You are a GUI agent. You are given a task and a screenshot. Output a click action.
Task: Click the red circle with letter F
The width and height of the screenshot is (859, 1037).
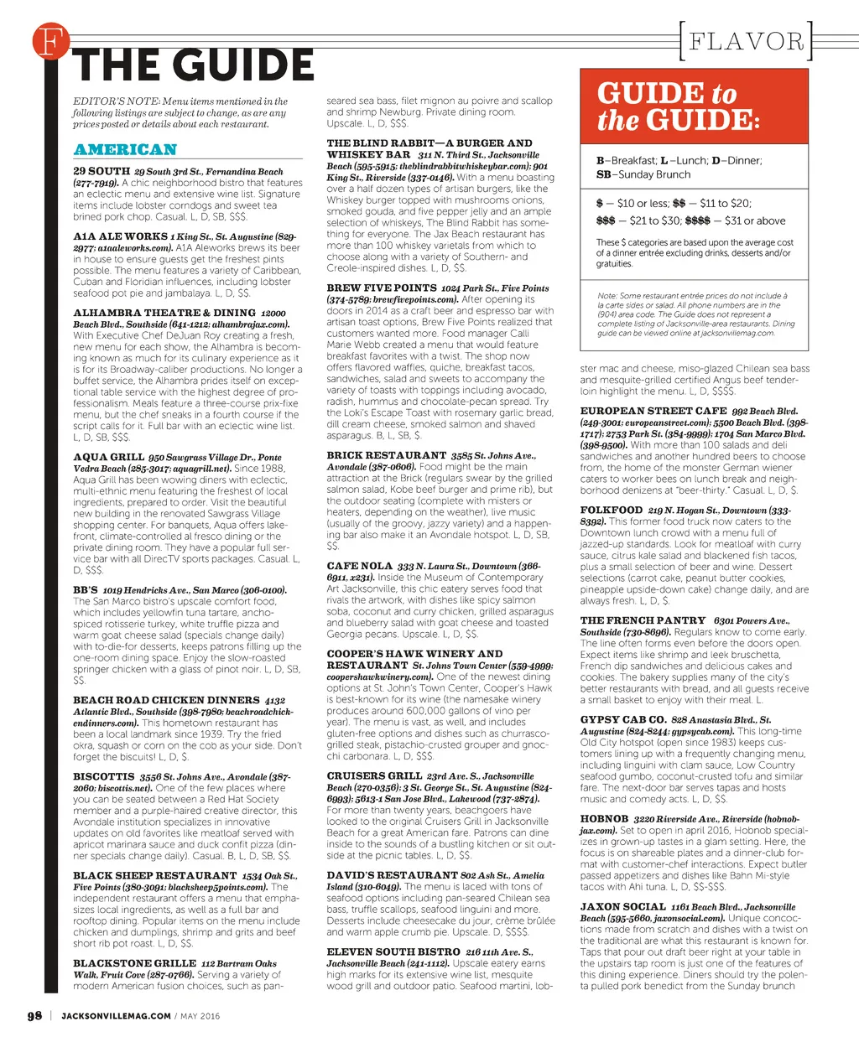[49, 43]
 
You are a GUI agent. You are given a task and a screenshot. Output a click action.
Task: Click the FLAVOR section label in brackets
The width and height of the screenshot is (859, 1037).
[746, 41]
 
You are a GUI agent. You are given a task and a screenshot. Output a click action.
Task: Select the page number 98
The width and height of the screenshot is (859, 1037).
[34, 1016]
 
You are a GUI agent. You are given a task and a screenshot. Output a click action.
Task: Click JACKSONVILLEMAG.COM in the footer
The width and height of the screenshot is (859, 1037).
[116, 1016]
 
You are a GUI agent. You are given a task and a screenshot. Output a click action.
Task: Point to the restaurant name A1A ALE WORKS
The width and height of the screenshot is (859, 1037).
[120, 237]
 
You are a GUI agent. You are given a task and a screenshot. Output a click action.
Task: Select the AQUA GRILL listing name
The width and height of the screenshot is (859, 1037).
[108, 458]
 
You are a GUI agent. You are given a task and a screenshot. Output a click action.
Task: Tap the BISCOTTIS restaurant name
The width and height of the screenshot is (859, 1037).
[103, 777]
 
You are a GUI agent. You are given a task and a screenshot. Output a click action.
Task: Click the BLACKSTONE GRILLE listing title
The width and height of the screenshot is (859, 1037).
[134, 964]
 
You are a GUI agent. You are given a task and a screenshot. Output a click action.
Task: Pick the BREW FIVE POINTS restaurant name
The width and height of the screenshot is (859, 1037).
[381, 288]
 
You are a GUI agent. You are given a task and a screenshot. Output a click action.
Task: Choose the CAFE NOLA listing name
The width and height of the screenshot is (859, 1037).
[359, 566]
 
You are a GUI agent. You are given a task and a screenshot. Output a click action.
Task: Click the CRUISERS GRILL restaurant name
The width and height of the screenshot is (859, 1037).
[374, 776]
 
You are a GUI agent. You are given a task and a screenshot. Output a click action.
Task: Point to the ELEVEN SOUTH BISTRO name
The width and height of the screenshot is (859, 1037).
[393, 952]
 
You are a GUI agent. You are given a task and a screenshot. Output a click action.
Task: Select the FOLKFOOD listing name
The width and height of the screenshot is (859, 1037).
[611, 510]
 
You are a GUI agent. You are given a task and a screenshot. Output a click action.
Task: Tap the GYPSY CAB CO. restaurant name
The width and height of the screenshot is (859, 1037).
[622, 720]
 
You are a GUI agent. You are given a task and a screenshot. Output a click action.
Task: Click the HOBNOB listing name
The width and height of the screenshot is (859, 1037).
[604, 819]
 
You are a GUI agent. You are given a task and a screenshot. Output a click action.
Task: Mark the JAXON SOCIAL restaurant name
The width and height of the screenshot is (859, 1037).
[622, 907]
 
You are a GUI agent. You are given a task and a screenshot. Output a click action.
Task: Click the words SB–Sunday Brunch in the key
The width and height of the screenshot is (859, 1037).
[643, 175]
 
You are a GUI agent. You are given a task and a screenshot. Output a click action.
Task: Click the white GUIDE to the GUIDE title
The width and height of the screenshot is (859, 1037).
[679, 106]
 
